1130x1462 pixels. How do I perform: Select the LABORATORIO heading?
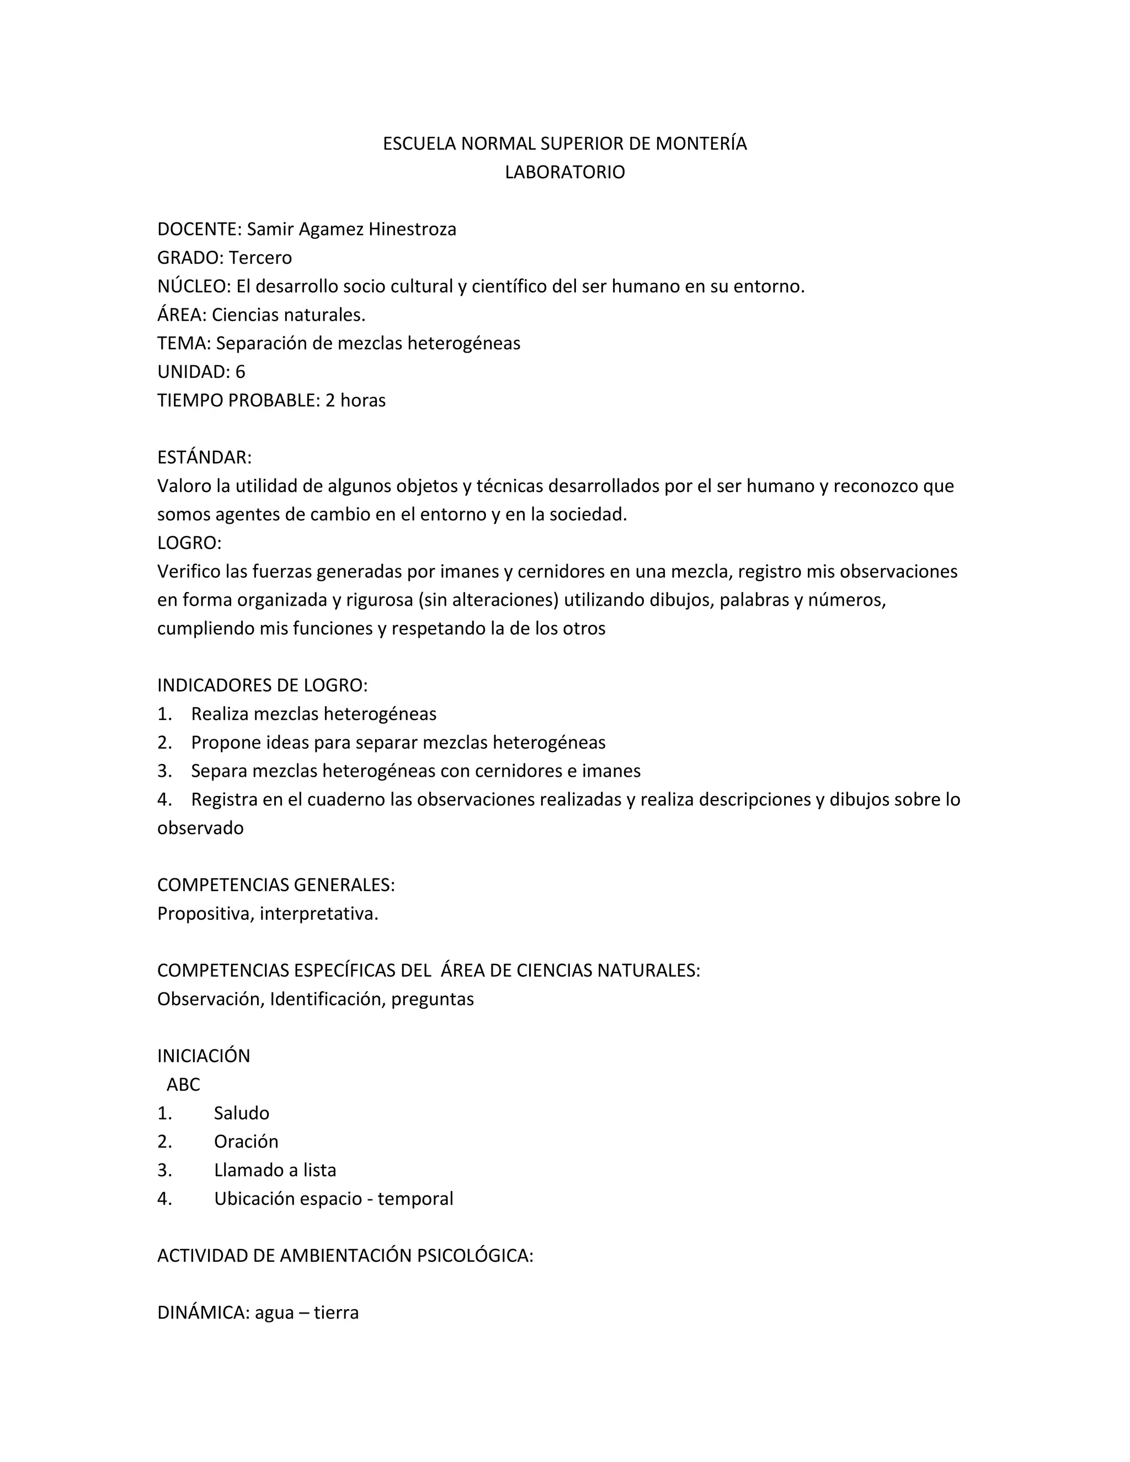click(x=564, y=172)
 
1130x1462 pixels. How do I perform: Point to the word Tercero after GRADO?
click(x=260, y=258)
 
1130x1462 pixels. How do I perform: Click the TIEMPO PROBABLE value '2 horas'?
click(x=355, y=401)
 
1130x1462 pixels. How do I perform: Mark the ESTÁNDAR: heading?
click(x=204, y=457)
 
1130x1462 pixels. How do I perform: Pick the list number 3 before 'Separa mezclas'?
click(x=164, y=771)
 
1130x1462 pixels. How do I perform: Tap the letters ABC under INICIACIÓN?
click(x=183, y=1085)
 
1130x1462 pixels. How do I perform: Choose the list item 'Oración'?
click(x=246, y=1141)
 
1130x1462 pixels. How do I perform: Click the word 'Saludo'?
click(x=241, y=1113)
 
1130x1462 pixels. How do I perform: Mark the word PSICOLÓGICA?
click(x=475, y=1256)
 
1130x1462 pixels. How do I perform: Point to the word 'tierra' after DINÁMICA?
click(x=336, y=1312)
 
